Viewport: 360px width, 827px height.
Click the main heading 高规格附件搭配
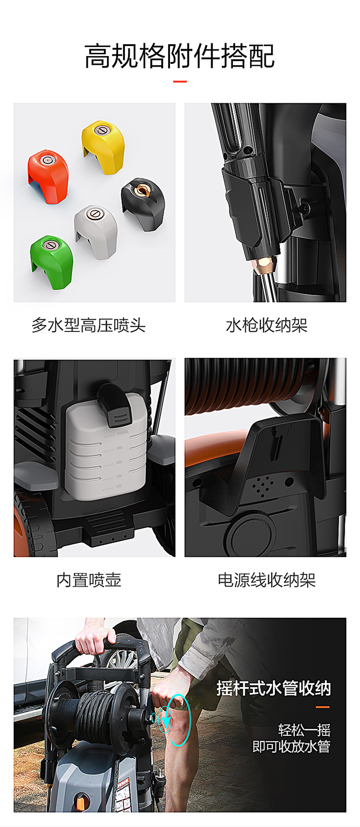tap(180, 56)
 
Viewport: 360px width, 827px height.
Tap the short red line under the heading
tap(180, 81)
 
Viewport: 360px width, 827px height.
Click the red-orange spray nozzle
tap(48, 176)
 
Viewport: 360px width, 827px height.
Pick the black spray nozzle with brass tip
tap(143, 203)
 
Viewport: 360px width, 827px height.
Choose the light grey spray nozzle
tap(96, 231)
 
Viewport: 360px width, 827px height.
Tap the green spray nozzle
tap(52, 262)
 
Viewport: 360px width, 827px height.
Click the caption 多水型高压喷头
tap(89, 325)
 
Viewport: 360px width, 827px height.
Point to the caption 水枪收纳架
tap(267, 325)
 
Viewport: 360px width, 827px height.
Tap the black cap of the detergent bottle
tap(115, 404)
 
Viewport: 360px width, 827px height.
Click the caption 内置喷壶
tap(89, 580)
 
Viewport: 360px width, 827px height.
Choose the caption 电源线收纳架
tap(267, 580)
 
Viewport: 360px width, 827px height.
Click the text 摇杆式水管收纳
tap(274, 688)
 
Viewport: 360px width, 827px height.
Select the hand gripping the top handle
tap(96, 634)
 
